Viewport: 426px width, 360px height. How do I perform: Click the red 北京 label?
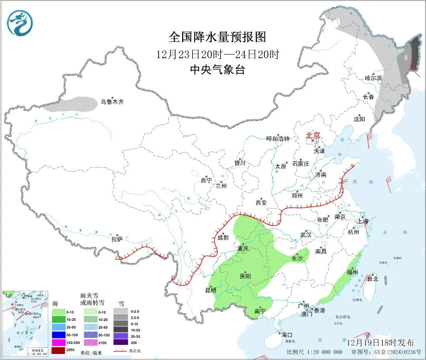pyautogui.click(x=313, y=135)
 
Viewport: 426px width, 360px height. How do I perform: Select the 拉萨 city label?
pyautogui.click(x=117, y=240)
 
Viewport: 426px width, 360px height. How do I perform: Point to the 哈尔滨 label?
pyautogui.click(x=373, y=78)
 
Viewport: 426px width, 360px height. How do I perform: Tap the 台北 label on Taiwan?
pyautogui.click(x=372, y=279)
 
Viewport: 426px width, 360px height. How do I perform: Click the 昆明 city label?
pyautogui.click(x=210, y=290)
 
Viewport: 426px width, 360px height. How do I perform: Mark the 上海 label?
pyautogui.click(x=363, y=221)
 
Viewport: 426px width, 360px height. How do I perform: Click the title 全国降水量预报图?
pyautogui.click(x=217, y=37)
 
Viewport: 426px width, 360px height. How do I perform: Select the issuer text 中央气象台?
pyautogui.click(x=217, y=70)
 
